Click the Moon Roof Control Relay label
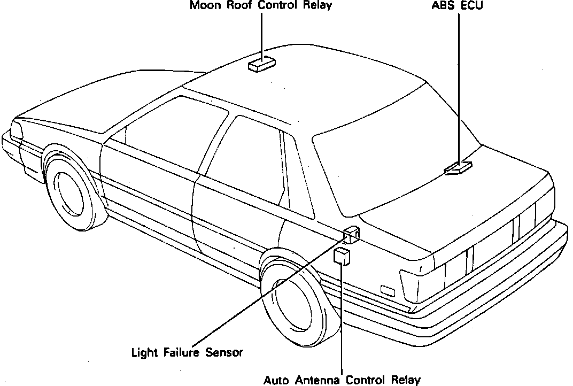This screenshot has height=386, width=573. pos(260,6)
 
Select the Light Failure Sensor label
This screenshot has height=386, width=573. pos(187,353)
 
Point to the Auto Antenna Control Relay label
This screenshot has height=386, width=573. pos(342,380)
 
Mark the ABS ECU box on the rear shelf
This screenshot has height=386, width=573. pos(458,168)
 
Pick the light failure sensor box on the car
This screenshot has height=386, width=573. pos(351,234)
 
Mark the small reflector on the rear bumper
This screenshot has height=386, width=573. pos(387,291)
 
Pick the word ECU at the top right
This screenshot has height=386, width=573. pos(470,6)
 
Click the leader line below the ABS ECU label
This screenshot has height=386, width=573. pos(459,80)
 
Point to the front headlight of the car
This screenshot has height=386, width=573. pos(16,130)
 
